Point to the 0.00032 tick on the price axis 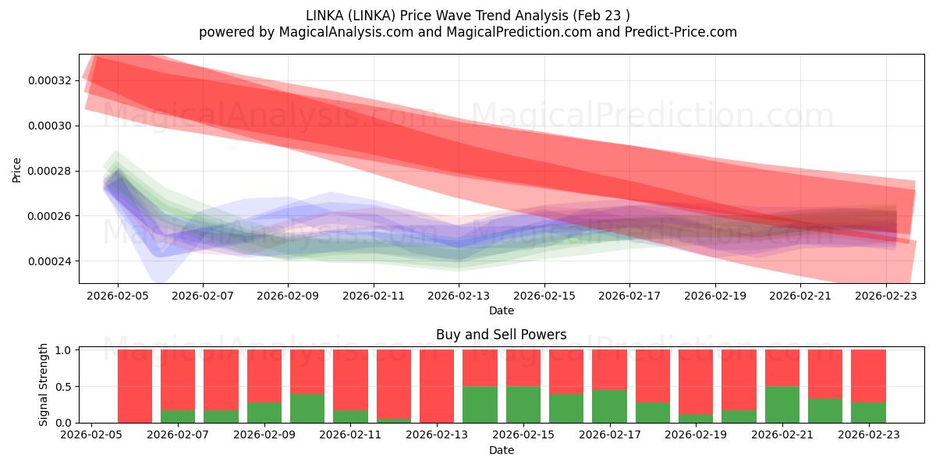(x=49, y=80)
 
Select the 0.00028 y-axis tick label (x=49, y=171)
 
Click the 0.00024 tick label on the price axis (x=49, y=261)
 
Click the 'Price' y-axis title (x=17, y=169)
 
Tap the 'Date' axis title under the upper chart (x=502, y=310)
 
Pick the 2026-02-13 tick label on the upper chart (x=459, y=296)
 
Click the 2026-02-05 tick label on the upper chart (x=118, y=296)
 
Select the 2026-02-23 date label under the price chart (x=886, y=296)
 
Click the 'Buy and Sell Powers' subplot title (x=502, y=335)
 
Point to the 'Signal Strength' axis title (x=44, y=385)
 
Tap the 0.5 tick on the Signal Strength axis (x=65, y=386)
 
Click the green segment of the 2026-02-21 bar (x=782, y=404)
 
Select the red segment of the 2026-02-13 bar (x=437, y=386)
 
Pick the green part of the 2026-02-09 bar (x=264, y=413)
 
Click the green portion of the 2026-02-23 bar (x=868, y=413)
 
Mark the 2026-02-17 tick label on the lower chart (x=608, y=435)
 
